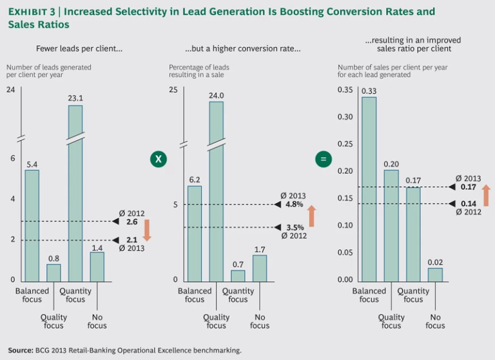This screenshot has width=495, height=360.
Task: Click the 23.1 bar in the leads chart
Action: click(x=75, y=193)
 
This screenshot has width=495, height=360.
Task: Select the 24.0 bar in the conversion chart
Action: click(x=216, y=193)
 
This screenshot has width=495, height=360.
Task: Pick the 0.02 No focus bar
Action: click(x=436, y=274)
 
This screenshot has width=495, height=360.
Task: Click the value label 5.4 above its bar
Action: click(x=32, y=164)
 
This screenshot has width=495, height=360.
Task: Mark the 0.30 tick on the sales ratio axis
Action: click(x=345, y=117)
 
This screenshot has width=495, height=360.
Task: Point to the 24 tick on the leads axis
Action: click(x=10, y=89)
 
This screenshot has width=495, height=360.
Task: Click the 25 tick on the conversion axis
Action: click(x=173, y=89)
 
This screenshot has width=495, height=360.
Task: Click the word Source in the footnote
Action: click(x=21, y=350)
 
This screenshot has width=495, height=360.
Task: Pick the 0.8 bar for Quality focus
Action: click(x=53, y=272)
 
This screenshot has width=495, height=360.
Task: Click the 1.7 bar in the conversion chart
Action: click(x=260, y=267)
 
